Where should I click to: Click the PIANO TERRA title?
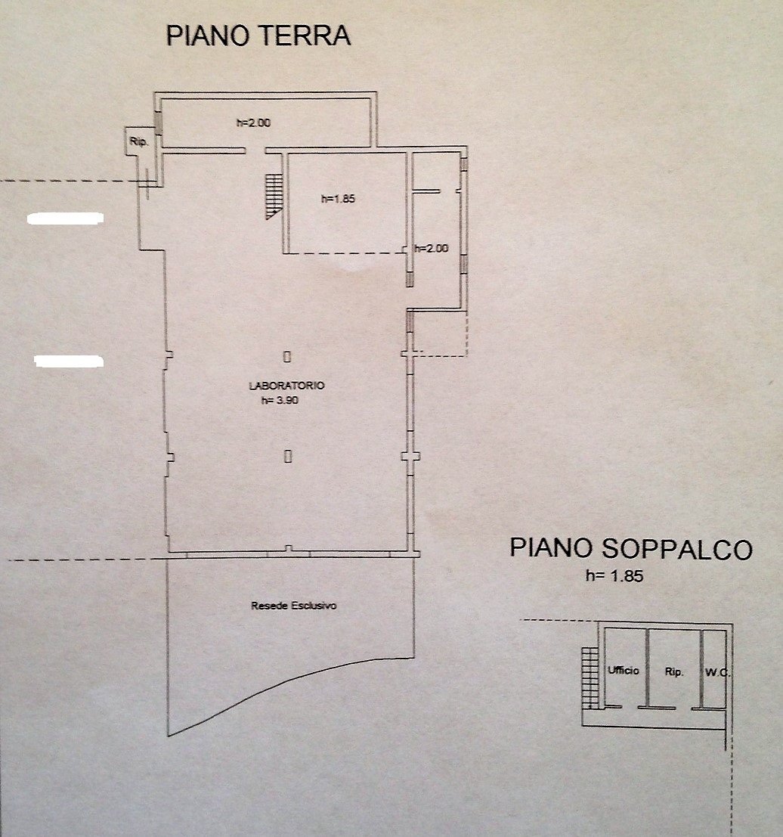click(258, 36)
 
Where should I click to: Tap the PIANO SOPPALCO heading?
click(631, 548)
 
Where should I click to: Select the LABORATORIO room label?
click(286, 386)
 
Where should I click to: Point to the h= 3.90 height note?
click(280, 401)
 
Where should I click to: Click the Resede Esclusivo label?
click(293, 606)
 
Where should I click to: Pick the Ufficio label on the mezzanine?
click(624, 671)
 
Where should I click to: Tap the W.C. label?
click(716, 671)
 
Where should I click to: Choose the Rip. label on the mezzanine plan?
click(674, 671)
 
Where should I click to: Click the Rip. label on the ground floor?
click(138, 141)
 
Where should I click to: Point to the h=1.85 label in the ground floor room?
click(338, 200)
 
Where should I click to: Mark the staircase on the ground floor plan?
click(273, 196)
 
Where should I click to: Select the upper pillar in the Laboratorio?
click(287, 355)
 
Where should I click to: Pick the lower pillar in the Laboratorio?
click(288, 455)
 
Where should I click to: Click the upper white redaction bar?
click(65, 219)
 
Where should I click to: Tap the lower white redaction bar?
click(69, 361)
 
